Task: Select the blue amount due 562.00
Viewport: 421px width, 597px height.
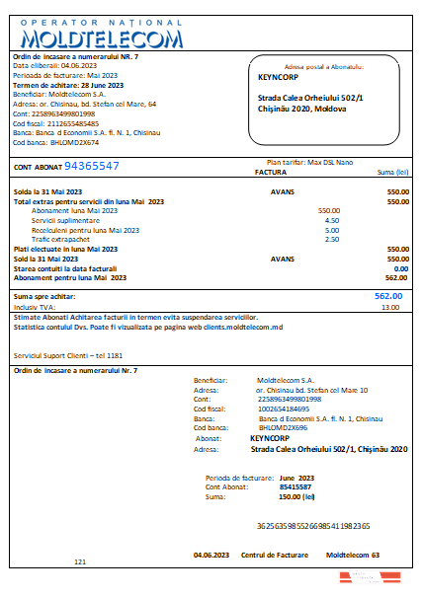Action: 388,295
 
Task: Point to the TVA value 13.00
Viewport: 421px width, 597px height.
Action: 390,307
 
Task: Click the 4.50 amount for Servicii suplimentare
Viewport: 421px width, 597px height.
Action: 332,220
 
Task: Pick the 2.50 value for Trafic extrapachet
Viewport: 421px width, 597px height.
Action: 332,239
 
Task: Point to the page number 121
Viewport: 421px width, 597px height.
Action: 81,561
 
